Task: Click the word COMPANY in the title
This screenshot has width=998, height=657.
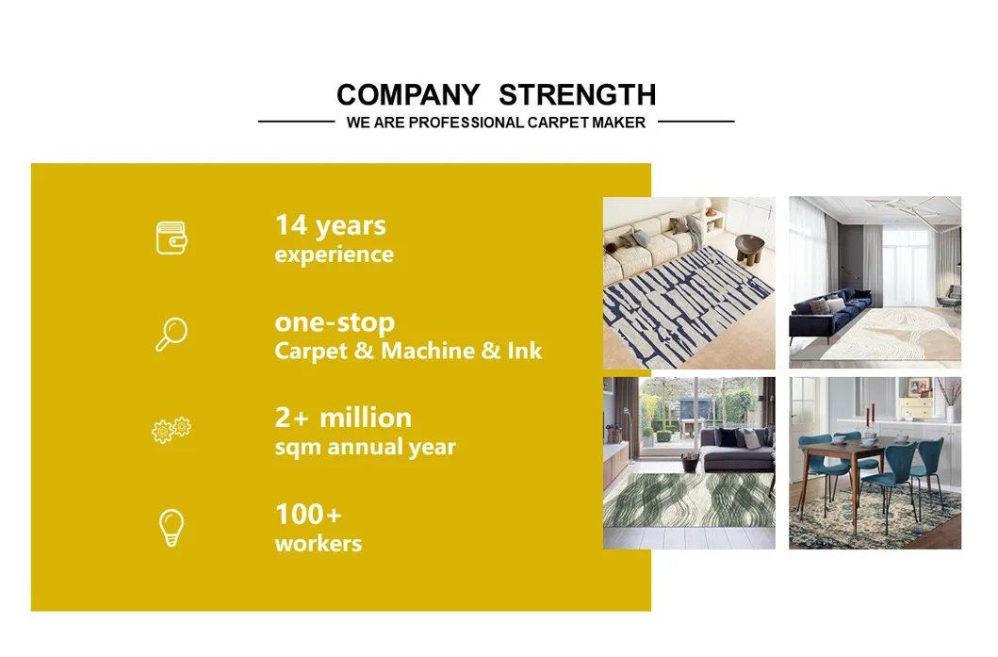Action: (x=407, y=95)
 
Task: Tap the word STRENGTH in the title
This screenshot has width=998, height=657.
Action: (x=577, y=95)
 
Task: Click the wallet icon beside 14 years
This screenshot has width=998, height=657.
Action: (x=172, y=238)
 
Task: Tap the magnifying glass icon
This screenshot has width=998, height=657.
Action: (x=172, y=335)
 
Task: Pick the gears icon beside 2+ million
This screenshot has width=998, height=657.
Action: (x=172, y=430)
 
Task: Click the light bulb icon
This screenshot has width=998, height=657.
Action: (x=172, y=528)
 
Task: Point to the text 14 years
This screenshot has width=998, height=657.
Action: (x=330, y=225)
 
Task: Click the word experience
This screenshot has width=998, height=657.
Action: (x=334, y=255)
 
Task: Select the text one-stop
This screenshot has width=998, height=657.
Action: (x=335, y=322)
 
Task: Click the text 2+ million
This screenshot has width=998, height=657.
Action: (x=343, y=418)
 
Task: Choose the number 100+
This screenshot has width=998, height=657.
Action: (x=308, y=514)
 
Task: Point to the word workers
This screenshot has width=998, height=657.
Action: (x=318, y=544)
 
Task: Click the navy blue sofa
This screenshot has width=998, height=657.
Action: (x=829, y=310)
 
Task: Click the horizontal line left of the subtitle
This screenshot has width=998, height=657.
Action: (x=296, y=122)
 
